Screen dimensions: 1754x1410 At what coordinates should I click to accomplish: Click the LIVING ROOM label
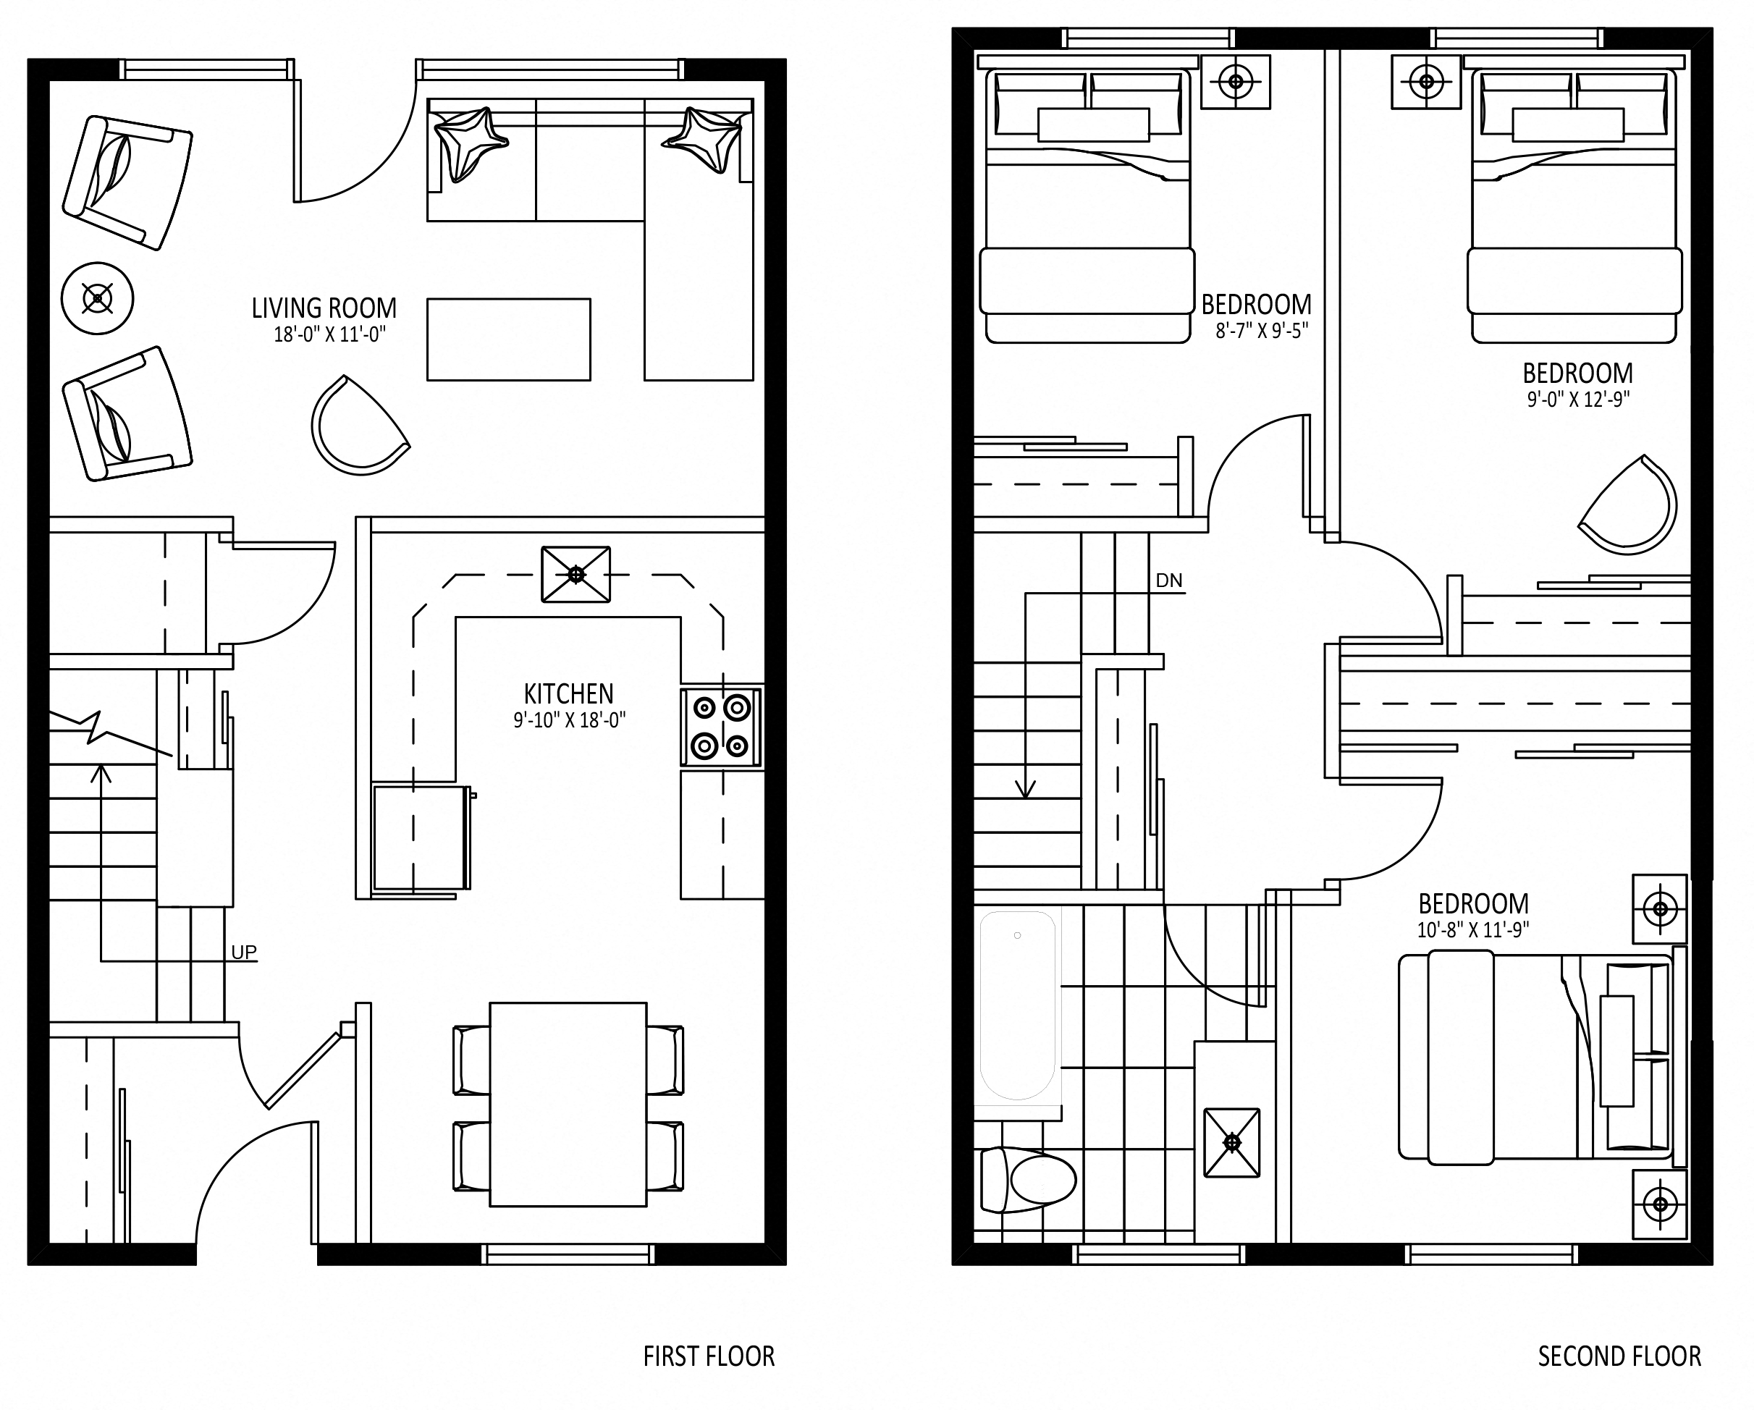pos(324,308)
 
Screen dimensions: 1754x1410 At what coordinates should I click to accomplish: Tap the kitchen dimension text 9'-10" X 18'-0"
pos(570,720)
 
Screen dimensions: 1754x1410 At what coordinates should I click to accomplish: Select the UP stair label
pos(244,952)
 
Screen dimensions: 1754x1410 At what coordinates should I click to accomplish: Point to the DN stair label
pos(1169,581)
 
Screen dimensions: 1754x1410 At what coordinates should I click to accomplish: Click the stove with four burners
pos(722,727)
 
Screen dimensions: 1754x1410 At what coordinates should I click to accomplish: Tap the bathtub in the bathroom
pos(1018,1005)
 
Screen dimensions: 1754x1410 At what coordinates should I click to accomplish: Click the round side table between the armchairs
pos(98,299)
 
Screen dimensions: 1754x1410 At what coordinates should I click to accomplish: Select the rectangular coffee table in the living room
pos(508,339)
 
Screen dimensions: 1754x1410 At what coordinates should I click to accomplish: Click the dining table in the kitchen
pos(568,1104)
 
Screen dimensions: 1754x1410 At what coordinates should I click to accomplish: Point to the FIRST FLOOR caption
pos(709,1356)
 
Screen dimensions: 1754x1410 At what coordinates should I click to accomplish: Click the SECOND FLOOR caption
pos(1619,1356)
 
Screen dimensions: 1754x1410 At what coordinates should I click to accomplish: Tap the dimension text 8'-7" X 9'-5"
pos(1262,330)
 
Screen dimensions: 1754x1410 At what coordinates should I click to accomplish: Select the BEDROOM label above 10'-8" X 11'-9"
pos(1473,904)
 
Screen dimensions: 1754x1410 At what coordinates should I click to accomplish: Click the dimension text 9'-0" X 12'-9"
pos(1578,400)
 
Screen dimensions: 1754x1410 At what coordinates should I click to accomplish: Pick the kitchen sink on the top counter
pos(576,575)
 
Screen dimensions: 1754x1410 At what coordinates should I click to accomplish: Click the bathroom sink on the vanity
pos(1231,1143)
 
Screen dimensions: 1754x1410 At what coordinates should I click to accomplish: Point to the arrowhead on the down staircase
pos(1025,788)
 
